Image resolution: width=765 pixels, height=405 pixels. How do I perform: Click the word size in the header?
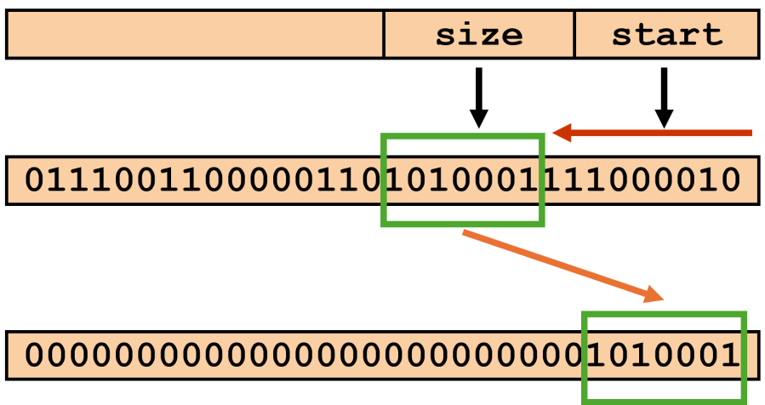tap(479, 35)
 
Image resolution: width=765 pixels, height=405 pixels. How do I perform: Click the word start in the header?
tap(667, 35)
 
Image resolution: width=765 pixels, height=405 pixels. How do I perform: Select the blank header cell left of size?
tap(196, 35)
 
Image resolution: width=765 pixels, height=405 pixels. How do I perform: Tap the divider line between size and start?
tap(575, 35)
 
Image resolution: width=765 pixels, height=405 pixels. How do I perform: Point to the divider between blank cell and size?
tap(385, 35)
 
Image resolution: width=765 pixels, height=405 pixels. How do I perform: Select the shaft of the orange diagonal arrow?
tap(553, 262)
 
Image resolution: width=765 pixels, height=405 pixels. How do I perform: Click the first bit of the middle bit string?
tap(34, 180)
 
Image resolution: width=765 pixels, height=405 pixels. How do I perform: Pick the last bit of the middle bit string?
tap(731, 180)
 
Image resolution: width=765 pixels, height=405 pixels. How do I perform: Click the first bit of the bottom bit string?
tap(34, 356)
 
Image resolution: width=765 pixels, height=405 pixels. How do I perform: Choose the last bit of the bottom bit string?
tap(731, 356)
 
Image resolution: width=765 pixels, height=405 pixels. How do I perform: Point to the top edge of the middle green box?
tap(463, 136)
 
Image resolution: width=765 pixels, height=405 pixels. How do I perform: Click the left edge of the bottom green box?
tap(585, 357)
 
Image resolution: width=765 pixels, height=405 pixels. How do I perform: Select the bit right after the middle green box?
tap(554, 180)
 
